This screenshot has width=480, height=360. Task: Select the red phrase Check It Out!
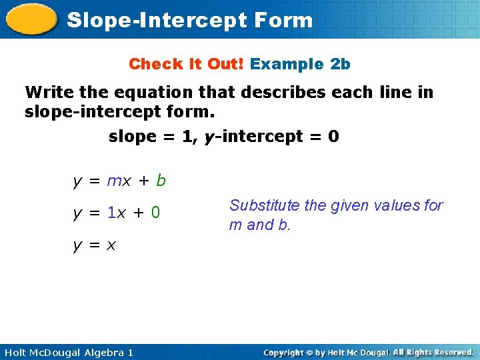pyautogui.click(x=187, y=64)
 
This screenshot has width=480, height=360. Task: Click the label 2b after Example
pyautogui.click(x=340, y=64)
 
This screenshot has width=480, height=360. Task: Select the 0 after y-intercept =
pyautogui.click(x=333, y=137)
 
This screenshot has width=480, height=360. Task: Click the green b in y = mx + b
pyautogui.click(x=161, y=180)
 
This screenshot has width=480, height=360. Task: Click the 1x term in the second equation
pyautogui.click(x=118, y=213)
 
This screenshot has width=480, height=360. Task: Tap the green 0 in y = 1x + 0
pyautogui.click(x=155, y=213)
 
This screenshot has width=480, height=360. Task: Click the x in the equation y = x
pyautogui.click(x=111, y=245)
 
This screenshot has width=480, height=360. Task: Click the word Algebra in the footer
pyautogui.click(x=101, y=352)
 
